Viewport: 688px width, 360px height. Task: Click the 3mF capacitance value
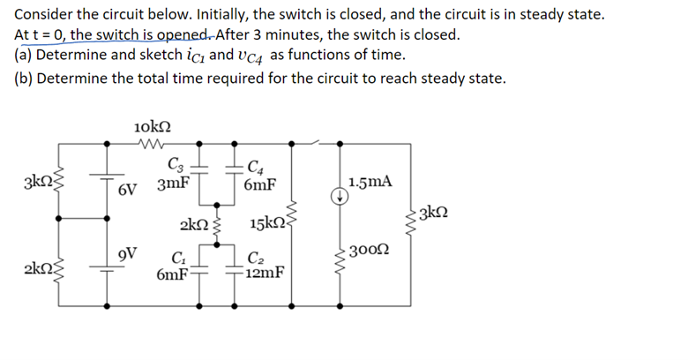tap(173, 186)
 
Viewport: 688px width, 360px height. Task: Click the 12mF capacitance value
tap(265, 273)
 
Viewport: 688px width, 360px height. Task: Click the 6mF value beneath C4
tap(261, 186)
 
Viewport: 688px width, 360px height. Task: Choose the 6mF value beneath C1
tap(171, 274)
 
